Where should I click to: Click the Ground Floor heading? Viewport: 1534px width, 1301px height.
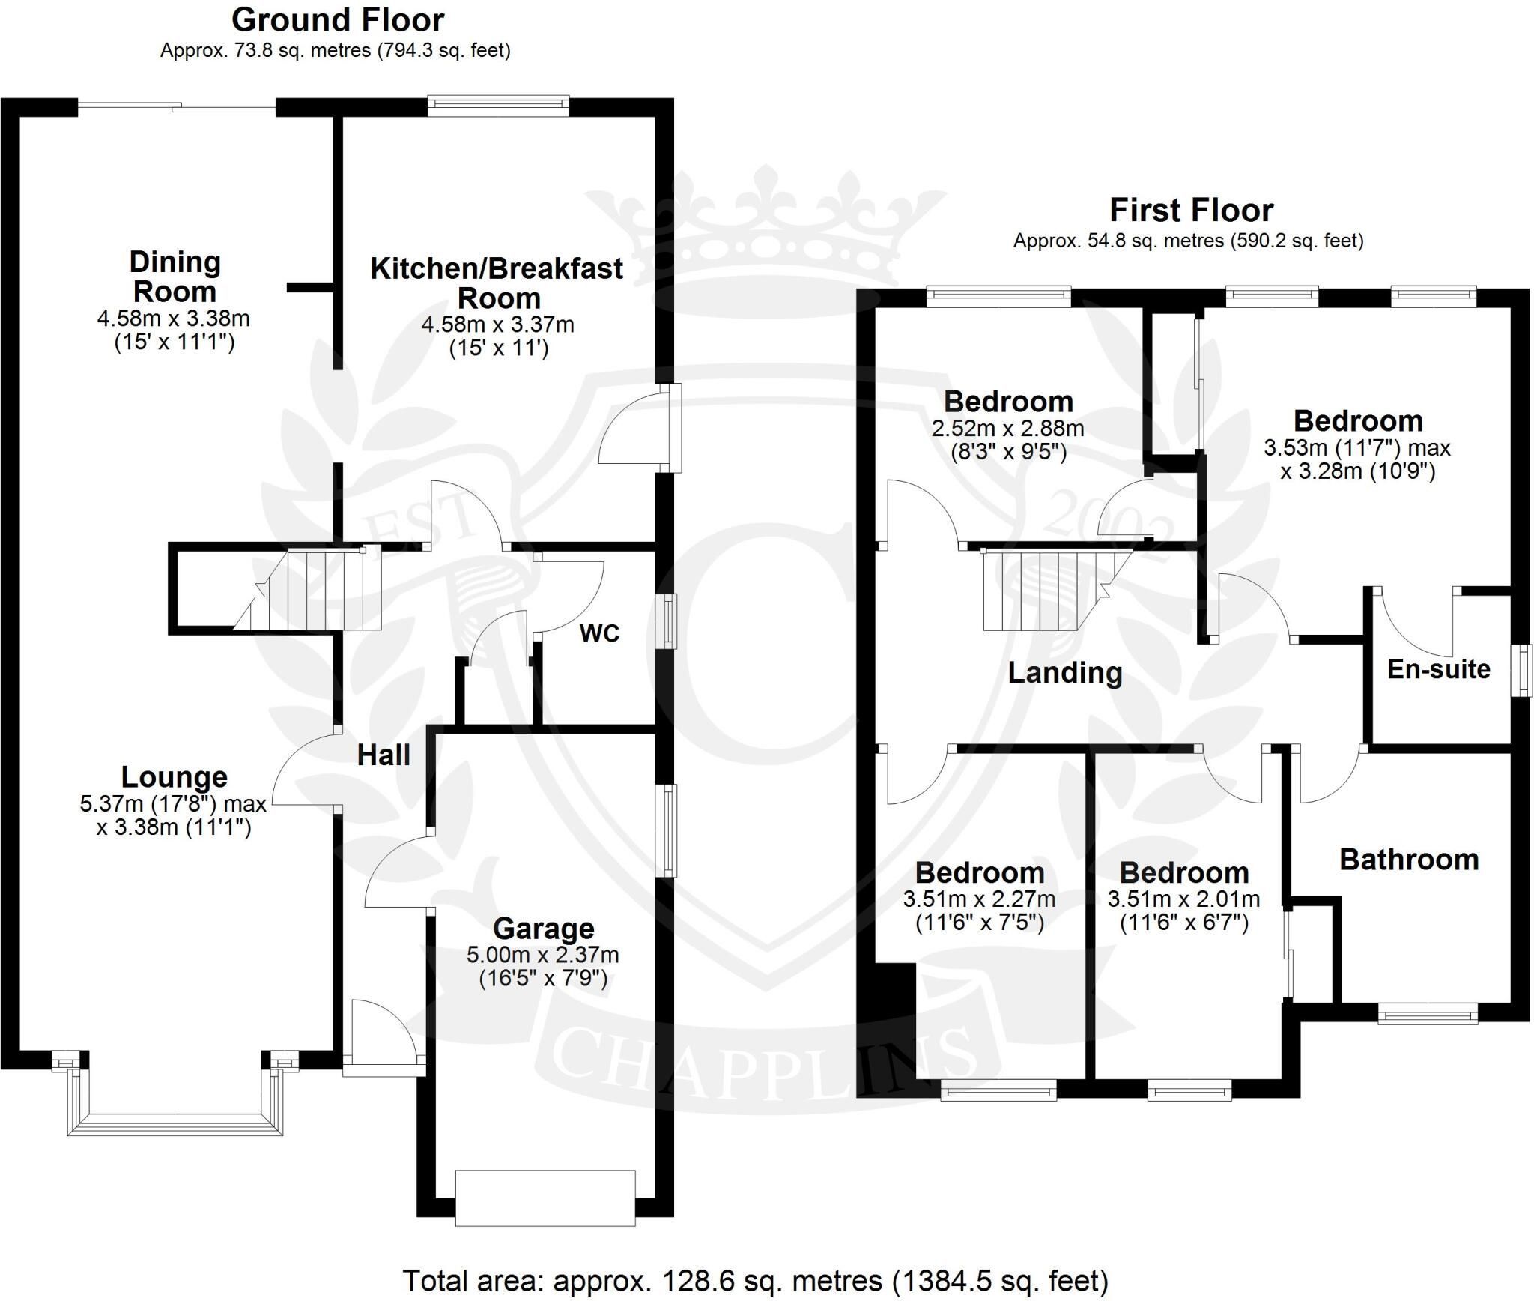click(338, 20)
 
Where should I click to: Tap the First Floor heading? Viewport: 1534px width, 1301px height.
click(1191, 211)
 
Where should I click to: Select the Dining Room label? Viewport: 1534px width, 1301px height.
click(175, 277)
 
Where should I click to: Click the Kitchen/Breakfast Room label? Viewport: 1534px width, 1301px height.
click(497, 283)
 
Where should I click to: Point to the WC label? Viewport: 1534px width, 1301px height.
click(599, 634)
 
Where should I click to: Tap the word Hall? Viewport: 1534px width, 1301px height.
click(383, 755)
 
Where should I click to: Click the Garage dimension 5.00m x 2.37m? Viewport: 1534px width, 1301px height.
click(543, 956)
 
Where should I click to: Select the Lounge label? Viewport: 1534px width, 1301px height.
click(174, 777)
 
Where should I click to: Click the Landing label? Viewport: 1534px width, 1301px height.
click(1065, 673)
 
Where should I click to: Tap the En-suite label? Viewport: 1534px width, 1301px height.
click(1439, 669)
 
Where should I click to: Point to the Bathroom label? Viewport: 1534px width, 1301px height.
click(1409, 860)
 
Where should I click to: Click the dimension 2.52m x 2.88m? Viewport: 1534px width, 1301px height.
click(1008, 429)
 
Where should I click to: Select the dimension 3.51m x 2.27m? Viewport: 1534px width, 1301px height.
click(980, 899)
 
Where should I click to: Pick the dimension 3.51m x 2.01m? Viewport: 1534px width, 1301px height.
click(1183, 899)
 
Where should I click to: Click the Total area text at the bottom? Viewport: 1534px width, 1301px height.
click(755, 1281)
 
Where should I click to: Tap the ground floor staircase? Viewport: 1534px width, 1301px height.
click(307, 589)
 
